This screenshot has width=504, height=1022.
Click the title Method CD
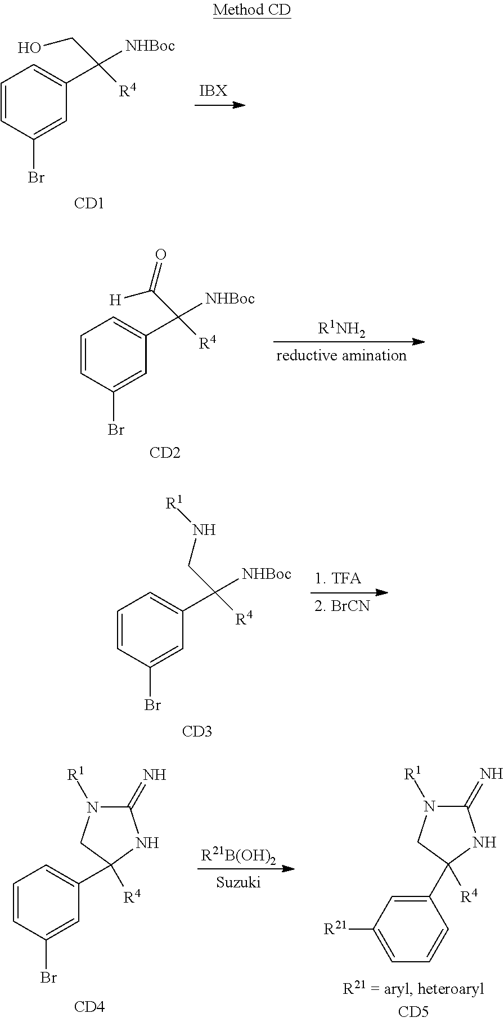tap(251, 11)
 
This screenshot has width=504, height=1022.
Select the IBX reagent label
tap(213, 91)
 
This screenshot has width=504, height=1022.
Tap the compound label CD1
tap(89, 203)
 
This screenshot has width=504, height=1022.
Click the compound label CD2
tap(165, 452)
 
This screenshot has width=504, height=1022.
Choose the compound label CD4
tap(89, 1006)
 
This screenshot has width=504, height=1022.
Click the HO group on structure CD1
tap(29, 48)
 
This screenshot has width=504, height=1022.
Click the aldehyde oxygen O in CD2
tap(161, 255)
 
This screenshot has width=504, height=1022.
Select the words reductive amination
tap(341, 355)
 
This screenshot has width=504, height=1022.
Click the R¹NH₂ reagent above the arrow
tap(341, 329)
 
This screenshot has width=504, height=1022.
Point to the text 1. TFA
tap(337, 578)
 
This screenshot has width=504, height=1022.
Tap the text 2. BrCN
tap(341, 607)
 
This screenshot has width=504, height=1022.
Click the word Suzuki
tap(238, 882)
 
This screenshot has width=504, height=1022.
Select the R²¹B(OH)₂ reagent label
tap(238, 856)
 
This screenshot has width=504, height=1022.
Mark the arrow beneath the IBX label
tap(220, 105)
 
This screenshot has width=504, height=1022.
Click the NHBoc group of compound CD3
tap(267, 574)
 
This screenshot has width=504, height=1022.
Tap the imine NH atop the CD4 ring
tap(155, 775)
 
